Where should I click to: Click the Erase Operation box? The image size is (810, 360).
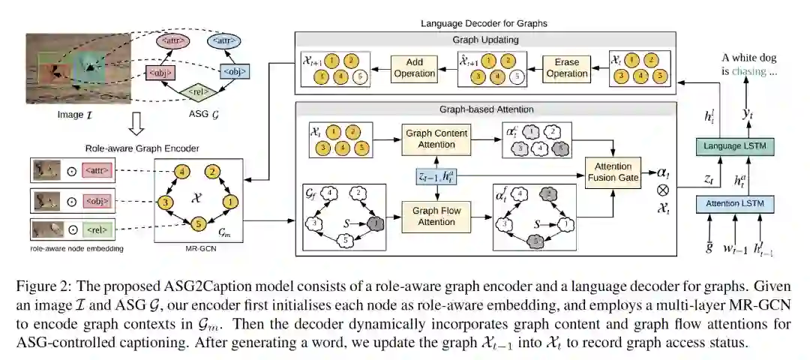click(x=567, y=68)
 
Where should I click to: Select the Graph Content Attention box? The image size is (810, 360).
click(x=436, y=139)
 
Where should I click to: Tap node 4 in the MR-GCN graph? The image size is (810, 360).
click(x=181, y=172)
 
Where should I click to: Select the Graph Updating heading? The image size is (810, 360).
click(x=486, y=40)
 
